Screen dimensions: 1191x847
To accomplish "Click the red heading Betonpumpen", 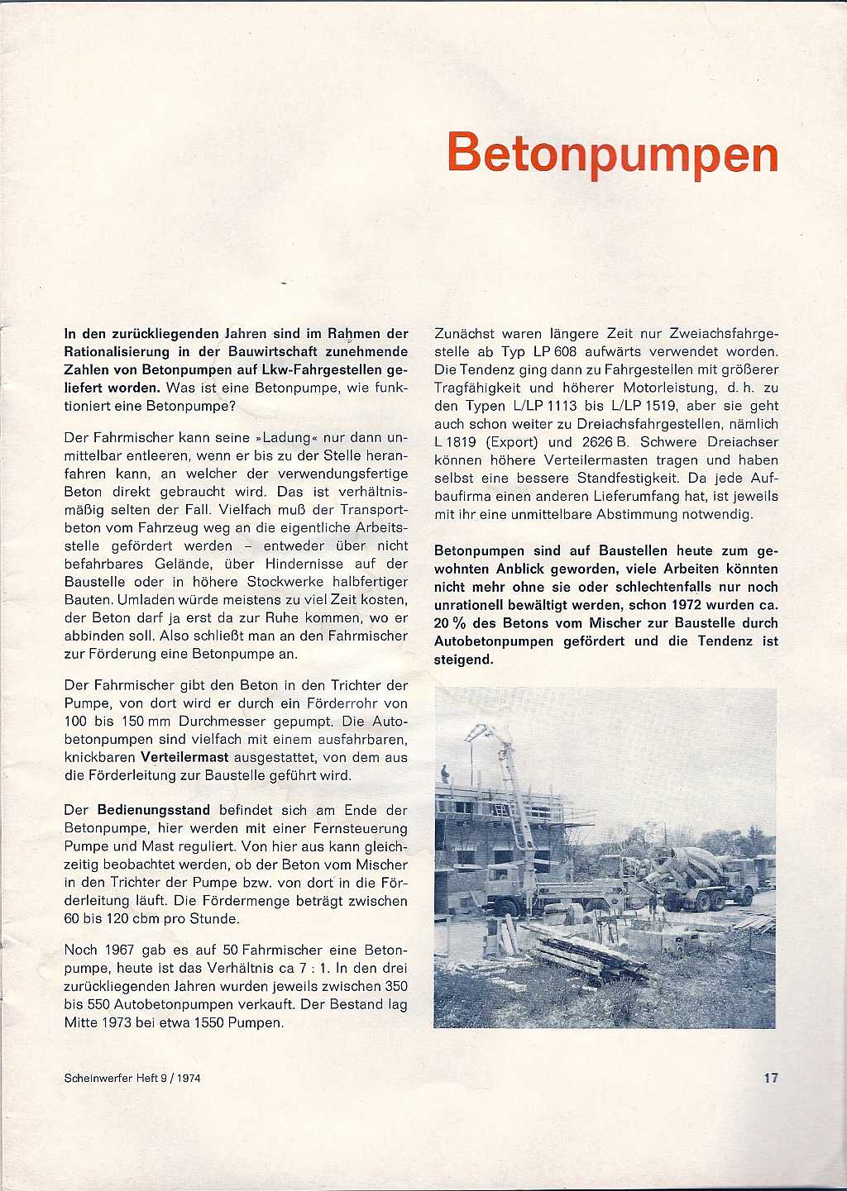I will coord(612,154).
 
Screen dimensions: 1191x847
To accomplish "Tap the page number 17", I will coord(771,1078).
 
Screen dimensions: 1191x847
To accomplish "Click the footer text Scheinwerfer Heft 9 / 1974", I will coord(132,1078).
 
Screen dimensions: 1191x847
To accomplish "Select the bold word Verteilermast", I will coord(184,757).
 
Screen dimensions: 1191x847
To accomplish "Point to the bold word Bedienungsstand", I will coord(154,810).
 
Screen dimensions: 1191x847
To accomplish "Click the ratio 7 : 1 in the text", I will coord(309,969).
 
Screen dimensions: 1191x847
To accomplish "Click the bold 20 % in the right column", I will coord(451,623).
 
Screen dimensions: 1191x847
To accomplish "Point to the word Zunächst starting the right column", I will coord(464,334).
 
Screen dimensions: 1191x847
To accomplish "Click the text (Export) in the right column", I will coord(511,442).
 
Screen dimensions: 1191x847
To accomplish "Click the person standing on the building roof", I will coord(445,774).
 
